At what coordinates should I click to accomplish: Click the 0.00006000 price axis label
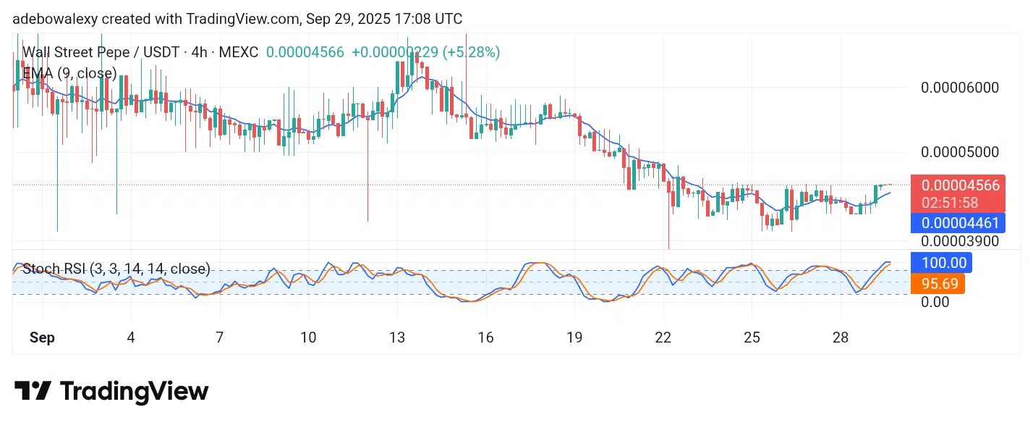point(959,88)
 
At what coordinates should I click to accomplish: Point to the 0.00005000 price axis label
point(959,152)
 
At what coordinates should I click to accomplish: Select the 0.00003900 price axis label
point(959,240)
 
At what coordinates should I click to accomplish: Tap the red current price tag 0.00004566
point(959,185)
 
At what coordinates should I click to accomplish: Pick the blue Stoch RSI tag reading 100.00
point(942,262)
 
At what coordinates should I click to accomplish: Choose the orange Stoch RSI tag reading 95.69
point(938,283)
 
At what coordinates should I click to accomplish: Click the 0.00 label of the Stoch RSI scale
point(935,301)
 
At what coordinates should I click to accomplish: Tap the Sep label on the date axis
point(42,337)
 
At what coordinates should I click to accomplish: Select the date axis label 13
point(396,337)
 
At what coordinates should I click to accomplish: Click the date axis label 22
point(663,337)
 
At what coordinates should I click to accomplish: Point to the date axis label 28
point(841,337)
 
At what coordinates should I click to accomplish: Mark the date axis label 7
point(219,337)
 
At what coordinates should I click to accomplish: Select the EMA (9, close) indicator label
point(69,73)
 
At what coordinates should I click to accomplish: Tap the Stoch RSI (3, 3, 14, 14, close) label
point(116,269)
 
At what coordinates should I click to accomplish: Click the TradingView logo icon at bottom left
point(33,392)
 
